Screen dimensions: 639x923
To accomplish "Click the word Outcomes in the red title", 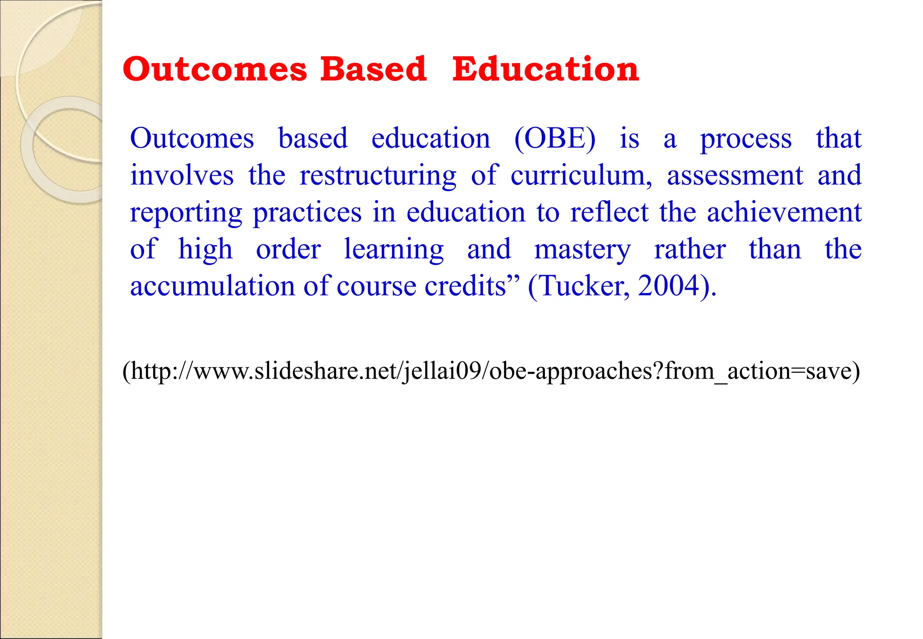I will (215, 69).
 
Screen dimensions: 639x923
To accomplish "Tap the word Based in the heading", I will (373, 69).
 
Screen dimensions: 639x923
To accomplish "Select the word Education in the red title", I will (545, 69).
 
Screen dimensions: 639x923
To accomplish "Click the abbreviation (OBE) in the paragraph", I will (555, 138).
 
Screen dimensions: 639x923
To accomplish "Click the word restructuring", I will (378, 176).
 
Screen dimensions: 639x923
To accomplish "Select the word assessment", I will (735, 176).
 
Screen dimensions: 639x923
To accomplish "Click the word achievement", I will (784, 212).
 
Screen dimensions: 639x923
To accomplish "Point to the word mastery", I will (582, 250).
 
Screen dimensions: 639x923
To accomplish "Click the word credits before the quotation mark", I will (466, 286).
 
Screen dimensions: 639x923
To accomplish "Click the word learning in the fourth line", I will (393, 250).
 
